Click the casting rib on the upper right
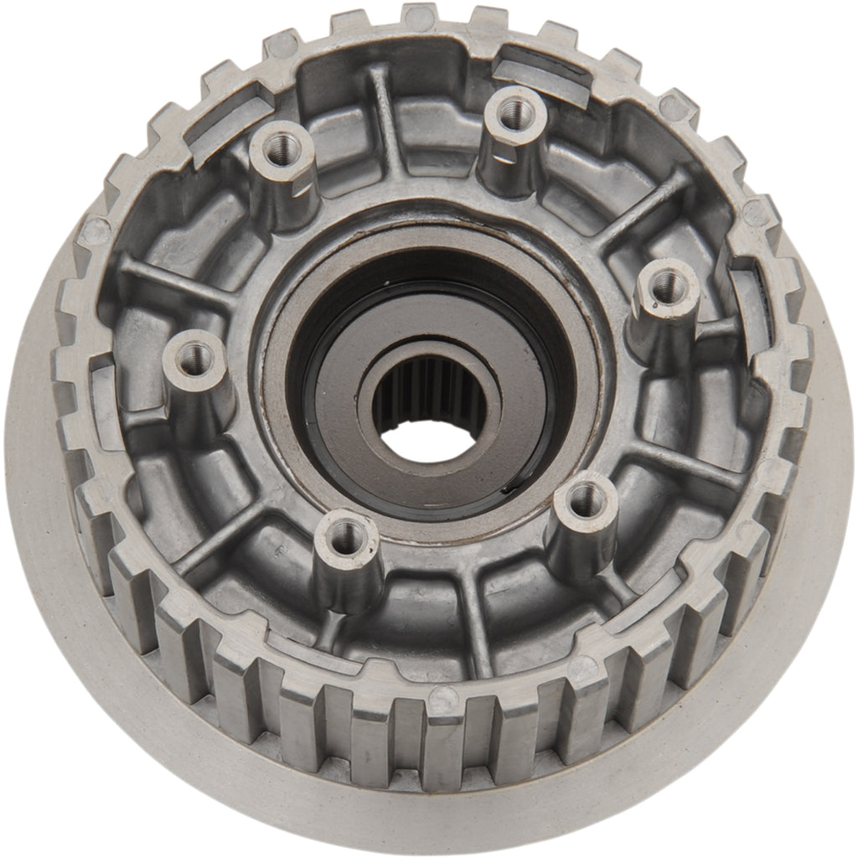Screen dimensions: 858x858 [x=645, y=209]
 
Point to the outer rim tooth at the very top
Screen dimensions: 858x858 [x=419, y=15]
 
